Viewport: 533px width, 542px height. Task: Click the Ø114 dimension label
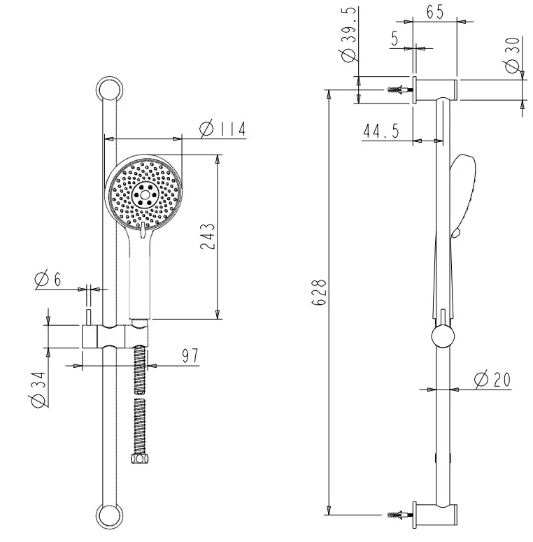pyautogui.click(x=223, y=129)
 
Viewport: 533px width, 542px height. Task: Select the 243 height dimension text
pyautogui.click(x=208, y=236)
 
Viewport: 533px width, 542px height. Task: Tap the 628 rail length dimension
pyautogui.click(x=319, y=292)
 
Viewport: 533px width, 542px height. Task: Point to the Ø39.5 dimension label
pyautogui.click(x=349, y=35)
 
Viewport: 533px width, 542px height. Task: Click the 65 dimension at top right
pyautogui.click(x=434, y=13)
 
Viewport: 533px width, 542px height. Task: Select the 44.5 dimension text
pyautogui.click(x=381, y=131)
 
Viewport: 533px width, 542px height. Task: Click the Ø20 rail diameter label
pyautogui.click(x=492, y=380)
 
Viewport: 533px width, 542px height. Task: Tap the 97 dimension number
pyautogui.click(x=190, y=356)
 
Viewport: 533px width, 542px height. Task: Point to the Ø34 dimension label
pyautogui.click(x=38, y=390)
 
